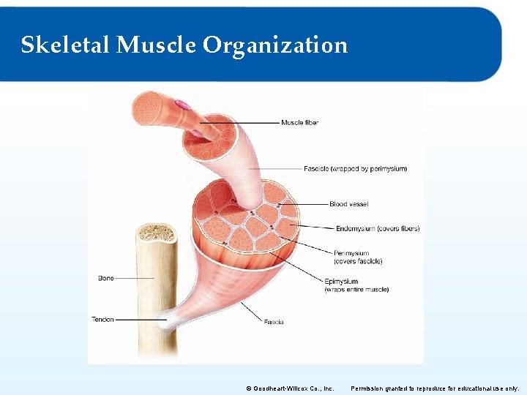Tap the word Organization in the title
[275, 45]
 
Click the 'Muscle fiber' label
[300, 122]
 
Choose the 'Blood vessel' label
[348, 204]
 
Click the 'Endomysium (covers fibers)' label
[378, 228]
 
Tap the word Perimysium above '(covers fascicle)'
[351, 253]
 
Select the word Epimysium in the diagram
[341, 281]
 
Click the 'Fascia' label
[274, 322]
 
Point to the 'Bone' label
[106, 278]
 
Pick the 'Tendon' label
[102, 320]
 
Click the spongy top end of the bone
[156, 233]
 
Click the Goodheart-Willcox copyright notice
[291, 388]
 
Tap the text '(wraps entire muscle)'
[356, 290]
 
